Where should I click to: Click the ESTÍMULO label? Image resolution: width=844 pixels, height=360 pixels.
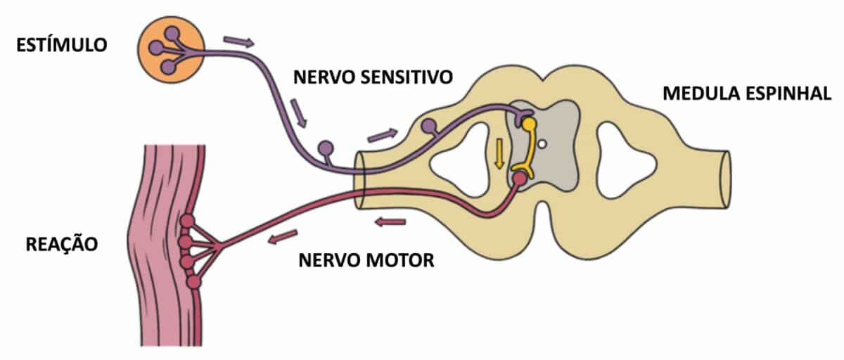click(63, 46)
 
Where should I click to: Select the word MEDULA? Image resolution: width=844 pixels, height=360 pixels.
click(698, 94)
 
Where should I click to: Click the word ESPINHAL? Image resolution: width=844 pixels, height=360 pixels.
click(790, 94)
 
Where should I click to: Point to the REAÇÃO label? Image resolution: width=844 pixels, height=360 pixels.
click(62, 244)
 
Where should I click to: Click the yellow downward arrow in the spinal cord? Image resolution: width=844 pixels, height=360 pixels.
click(499, 153)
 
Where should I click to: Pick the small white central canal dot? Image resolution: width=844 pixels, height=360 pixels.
click(543, 146)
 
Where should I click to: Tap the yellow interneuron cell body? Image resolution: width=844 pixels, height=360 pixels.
click(529, 124)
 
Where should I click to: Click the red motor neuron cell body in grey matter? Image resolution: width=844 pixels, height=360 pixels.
click(519, 179)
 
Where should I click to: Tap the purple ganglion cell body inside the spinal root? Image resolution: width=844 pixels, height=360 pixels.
click(428, 126)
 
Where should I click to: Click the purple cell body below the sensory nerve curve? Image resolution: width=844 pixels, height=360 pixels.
click(326, 148)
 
